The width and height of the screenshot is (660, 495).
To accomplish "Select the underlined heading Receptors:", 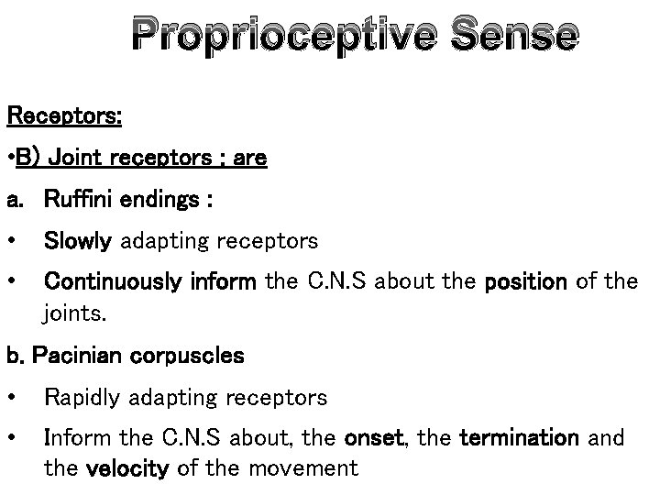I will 64,117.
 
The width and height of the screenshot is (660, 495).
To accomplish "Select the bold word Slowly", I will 77,241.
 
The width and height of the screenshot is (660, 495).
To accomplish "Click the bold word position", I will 524,281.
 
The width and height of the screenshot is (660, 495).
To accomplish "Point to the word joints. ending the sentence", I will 75,314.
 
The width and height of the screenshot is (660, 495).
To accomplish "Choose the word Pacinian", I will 69,356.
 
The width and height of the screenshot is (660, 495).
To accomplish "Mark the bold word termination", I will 519,438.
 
